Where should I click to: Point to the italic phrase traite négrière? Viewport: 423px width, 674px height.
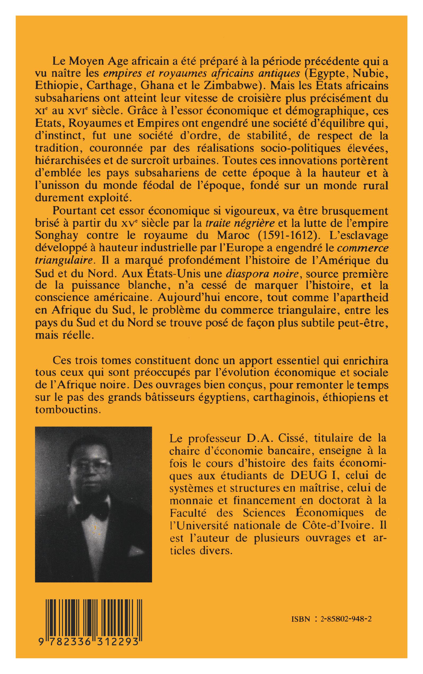228,223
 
